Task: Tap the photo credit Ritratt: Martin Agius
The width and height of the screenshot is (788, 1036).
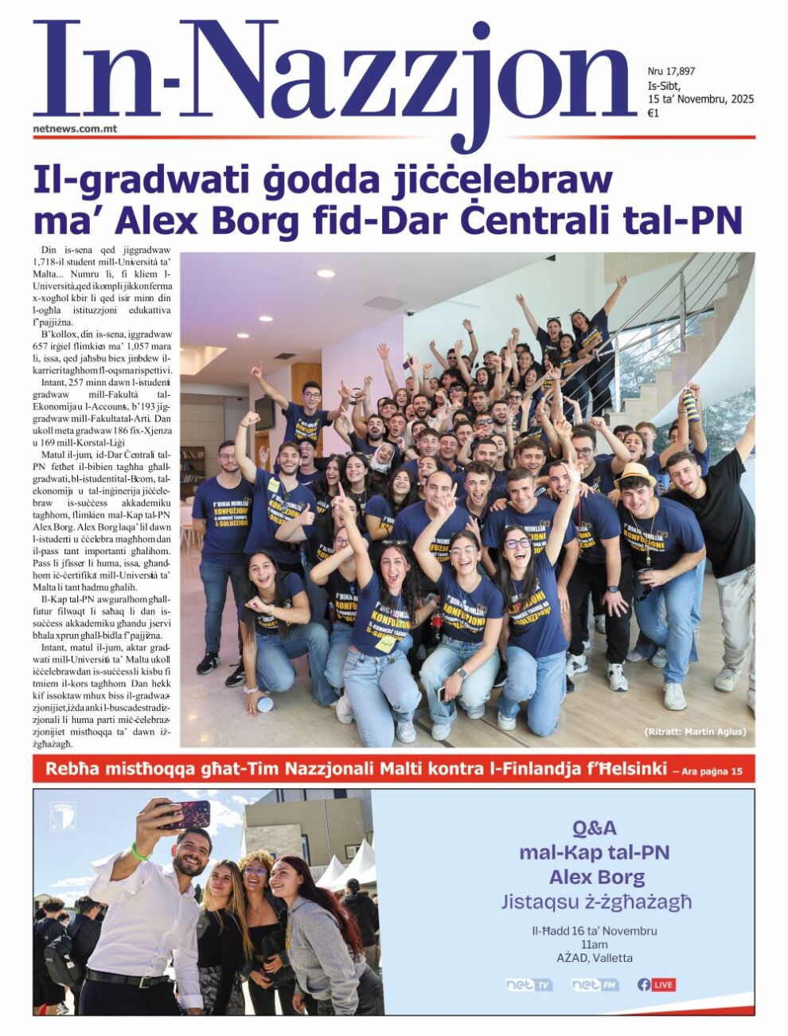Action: click(x=694, y=731)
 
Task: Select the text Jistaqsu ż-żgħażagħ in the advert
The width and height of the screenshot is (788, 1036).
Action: click(x=596, y=902)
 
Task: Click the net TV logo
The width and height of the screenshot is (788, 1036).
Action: click(x=529, y=985)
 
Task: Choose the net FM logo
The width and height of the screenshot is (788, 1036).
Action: click(x=595, y=985)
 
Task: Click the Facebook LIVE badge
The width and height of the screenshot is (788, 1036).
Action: click(x=657, y=985)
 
